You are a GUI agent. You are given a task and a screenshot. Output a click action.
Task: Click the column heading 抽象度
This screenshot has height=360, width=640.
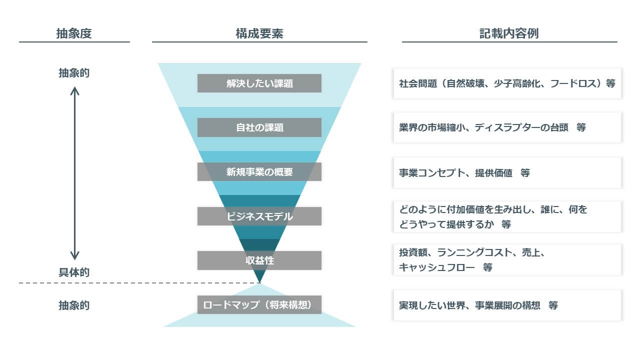tap(74, 33)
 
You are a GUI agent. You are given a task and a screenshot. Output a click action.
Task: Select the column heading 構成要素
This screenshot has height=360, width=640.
tap(259, 33)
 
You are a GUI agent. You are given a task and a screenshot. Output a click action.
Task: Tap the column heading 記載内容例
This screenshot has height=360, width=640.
tap(509, 33)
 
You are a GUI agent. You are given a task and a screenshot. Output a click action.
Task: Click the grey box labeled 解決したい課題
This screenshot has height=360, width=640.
tap(259, 83)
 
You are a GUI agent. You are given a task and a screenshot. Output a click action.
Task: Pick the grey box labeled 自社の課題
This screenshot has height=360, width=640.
tap(259, 127)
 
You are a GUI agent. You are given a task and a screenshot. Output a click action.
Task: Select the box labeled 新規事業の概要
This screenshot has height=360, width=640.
tap(259, 172)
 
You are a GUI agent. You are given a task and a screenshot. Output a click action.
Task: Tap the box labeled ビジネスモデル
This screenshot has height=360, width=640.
tap(259, 216)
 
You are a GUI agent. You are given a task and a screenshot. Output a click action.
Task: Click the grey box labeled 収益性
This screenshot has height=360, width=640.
tap(259, 260)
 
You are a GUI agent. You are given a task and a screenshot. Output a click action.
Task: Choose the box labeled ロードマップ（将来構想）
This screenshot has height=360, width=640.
tap(259, 304)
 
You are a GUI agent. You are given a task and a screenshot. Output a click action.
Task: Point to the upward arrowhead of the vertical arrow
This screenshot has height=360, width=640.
tap(74, 90)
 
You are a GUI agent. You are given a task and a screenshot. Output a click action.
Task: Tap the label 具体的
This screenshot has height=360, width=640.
tap(74, 272)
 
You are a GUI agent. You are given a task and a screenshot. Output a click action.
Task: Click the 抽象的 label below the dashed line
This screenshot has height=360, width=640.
tap(74, 305)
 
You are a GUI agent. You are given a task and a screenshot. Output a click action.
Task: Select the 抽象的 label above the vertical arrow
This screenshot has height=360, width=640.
tap(74, 73)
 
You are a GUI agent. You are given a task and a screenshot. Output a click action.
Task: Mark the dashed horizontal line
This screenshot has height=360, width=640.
tap(135, 283)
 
